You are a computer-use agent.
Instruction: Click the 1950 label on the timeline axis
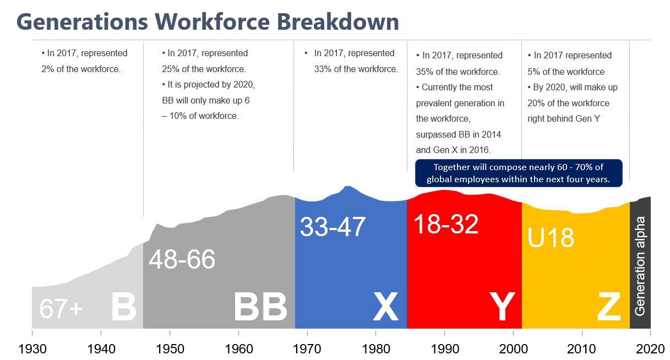[170, 349]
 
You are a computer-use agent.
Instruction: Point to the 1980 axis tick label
[376, 349]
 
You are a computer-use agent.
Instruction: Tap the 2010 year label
[582, 349]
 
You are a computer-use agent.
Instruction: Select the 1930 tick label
[32, 349]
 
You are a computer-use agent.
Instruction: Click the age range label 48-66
[182, 259]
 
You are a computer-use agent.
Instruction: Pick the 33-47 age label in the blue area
[333, 227]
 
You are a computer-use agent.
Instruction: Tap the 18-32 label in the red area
[446, 224]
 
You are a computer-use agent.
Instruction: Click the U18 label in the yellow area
[551, 238]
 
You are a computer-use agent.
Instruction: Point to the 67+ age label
[61, 309]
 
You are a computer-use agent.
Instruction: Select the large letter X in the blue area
[385, 307]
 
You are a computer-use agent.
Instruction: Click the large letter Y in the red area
[502, 307]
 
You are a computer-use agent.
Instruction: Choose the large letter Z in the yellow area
[609, 307]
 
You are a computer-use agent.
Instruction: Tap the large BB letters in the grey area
[260, 307]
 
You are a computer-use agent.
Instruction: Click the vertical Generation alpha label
[640, 266]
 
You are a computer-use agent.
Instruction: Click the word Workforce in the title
[213, 22]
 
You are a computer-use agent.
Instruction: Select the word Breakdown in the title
[338, 21]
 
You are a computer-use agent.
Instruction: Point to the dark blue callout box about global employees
[519, 173]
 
